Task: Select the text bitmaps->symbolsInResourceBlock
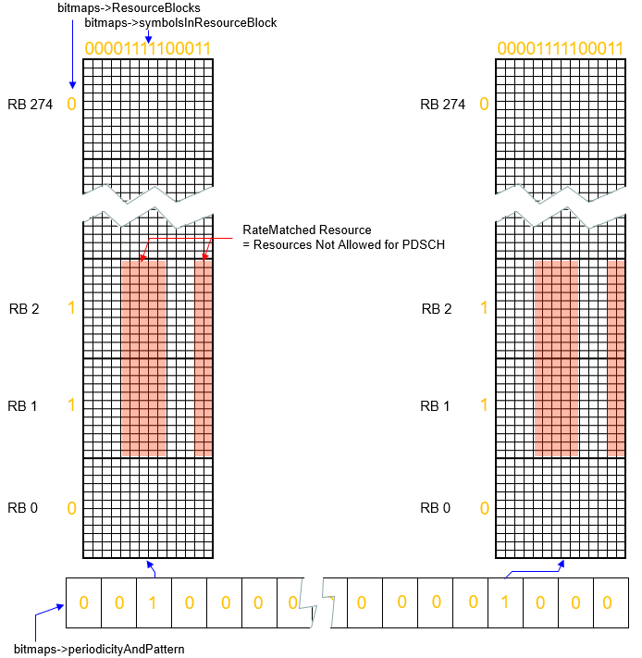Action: [180, 22]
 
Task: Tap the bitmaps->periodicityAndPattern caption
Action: [100, 649]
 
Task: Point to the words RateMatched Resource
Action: [307, 230]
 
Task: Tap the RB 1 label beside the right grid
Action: [436, 406]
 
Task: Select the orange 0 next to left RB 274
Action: [71, 104]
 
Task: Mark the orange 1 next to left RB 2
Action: [71, 308]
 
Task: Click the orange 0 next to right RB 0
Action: [483, 507]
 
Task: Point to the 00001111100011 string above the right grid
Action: [561, 48]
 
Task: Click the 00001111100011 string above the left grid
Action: [148, 48]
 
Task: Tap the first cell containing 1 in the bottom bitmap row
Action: [154, 602]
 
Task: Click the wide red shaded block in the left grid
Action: [143, 358]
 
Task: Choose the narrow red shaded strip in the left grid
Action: [204, 358]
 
